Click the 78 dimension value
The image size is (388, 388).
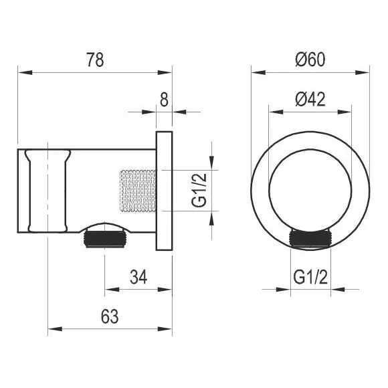[x=95, y=60]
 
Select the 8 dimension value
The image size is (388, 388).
[x=164, y=100]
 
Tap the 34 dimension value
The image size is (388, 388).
[x=138, y=277]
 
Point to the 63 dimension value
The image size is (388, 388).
[x=110, y=316]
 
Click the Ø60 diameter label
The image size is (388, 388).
[x=310, y=60]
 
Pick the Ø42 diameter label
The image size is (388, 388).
[x=310, y=99]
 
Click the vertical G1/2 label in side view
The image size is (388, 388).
[x=199, y=190]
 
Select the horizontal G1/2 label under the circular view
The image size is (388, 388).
[x=310, y=277]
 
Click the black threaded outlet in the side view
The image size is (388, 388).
[x=105, y=239]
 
